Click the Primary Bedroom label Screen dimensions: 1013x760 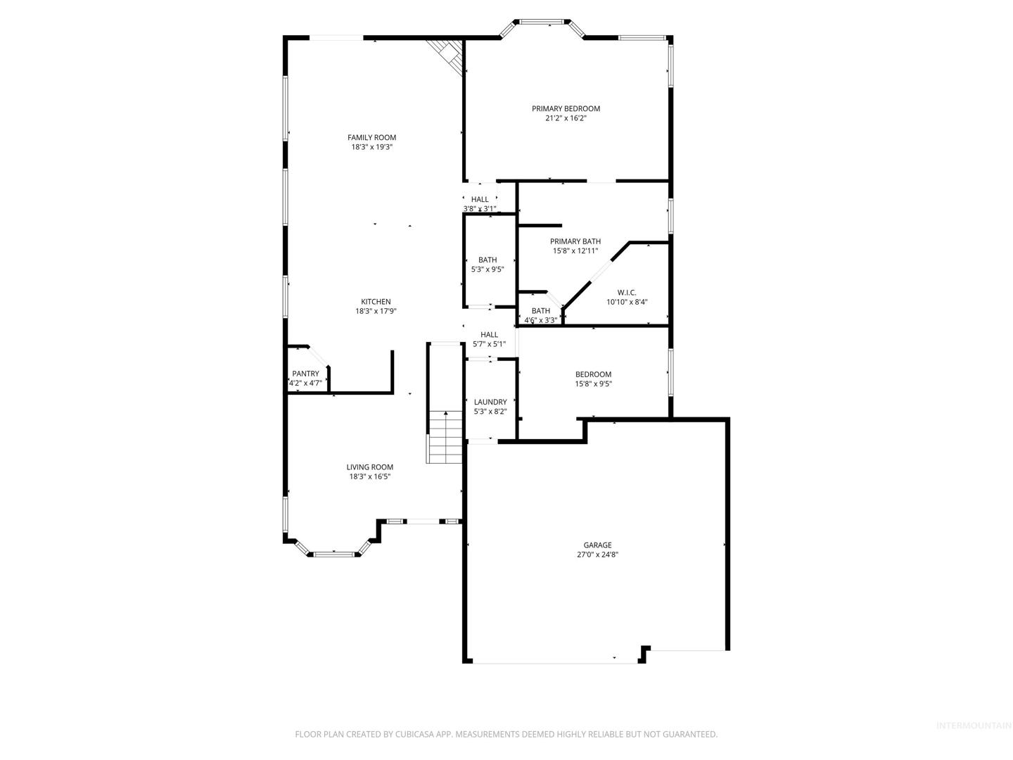(x=566, y=108)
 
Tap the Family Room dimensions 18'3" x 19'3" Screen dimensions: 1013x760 (x=371, y=147)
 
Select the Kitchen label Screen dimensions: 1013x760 (x=376, y=301)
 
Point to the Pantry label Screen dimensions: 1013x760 (x=305, y=373)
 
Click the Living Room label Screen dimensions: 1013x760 (x=369, y=467)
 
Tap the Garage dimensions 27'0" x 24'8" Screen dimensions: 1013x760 (x=597, y=555)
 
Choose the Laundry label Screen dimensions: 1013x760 (x=490, y=402)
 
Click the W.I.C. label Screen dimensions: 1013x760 (x=627, y=293)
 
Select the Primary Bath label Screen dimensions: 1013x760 (x=575, y=241)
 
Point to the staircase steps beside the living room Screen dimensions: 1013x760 (x=444, y=436)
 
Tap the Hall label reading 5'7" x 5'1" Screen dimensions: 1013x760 (x=489, y=334)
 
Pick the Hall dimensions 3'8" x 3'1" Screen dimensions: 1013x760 (x=480, y=208)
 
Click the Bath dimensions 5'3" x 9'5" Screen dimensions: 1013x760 (x=488, y=269)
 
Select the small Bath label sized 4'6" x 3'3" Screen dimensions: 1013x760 (x=540, y=310)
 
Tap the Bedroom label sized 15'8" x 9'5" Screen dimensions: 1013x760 (x=593, y=374)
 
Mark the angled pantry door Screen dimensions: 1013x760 (x=318, y=356)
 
